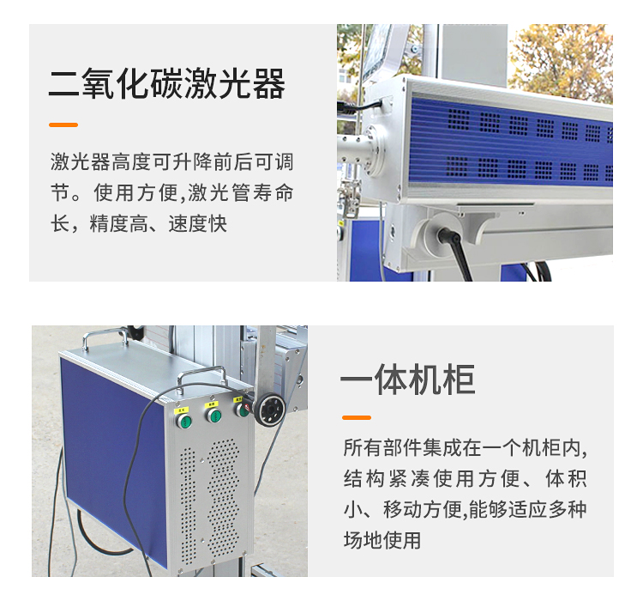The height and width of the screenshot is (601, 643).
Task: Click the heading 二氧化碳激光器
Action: [167, 84]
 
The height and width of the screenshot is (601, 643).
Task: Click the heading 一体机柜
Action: [407, 379]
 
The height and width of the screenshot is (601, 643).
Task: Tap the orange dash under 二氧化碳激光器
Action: [63, 124]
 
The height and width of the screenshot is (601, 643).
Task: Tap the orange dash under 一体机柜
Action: [357, 417]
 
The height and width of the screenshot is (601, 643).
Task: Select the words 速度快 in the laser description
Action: [198, 223]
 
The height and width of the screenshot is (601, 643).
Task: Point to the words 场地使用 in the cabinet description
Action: [382, 540]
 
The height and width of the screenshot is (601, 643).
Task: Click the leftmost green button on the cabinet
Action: [184, 421]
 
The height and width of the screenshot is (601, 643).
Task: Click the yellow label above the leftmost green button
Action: [181, 410]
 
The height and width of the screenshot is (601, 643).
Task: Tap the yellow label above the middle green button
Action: [211, 404]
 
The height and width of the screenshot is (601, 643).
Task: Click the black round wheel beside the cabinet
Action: [269, 409]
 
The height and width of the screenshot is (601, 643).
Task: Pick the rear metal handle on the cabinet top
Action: [105, 334]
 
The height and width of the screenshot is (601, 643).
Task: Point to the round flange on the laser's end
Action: [375, 149]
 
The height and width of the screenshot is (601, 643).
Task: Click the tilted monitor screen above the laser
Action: [377, 49]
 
